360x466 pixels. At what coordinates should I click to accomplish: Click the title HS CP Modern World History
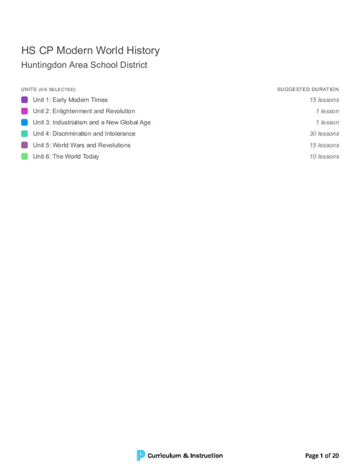tap(90, 51)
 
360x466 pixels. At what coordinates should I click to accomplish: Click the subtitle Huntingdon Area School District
tap(84, 65)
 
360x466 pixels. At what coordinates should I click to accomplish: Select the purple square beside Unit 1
tap(25, 100)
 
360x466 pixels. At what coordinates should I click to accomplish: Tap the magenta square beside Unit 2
tap(25, 111)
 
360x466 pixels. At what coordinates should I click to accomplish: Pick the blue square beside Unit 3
tap(25, 122)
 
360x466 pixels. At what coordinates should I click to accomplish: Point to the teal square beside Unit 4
tap(25, 134)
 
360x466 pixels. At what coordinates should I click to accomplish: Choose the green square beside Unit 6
tap(25, 157)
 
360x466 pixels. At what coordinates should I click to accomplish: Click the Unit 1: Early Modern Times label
tap(70, 100)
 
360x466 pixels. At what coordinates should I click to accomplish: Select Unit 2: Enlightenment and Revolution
tap(84, 111)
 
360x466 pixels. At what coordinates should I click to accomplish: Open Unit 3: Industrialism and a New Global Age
tap(91, 122)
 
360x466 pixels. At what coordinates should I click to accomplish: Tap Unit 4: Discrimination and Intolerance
tap(84, 134)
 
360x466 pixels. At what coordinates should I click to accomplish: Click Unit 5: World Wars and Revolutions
tap(81, 145)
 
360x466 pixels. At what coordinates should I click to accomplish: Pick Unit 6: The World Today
tap(66, 157)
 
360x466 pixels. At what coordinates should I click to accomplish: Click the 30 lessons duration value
tap(324, 134)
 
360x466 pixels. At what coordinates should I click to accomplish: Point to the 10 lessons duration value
tap(324, 157)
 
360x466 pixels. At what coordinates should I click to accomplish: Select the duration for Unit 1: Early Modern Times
tap(324, 100)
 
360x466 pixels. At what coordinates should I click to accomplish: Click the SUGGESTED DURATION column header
tap(308, 89)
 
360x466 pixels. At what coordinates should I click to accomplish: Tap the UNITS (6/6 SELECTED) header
tap(48, 89)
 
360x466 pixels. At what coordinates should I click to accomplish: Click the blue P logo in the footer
tap(141, 455)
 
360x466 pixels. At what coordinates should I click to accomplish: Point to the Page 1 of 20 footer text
tap(322, 456)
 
